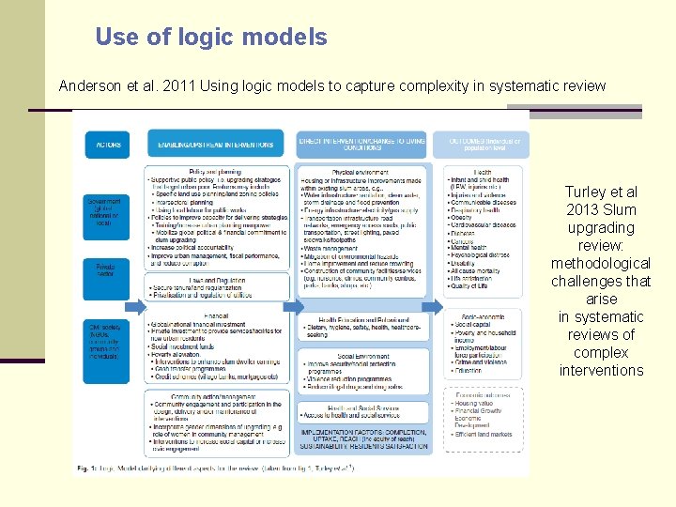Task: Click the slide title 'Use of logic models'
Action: click(x=211, y=38)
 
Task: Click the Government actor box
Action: click(x=104, y=212)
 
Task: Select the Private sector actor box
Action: click(x=104, y=271)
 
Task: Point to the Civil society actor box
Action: click(x=104, y=341)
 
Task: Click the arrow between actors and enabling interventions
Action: click(x=137, y=306)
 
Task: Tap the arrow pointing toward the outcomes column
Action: click(x=432, y=306)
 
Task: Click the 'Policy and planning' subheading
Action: click(x=216, y=171)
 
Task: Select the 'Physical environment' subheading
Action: click(x=361, y=171)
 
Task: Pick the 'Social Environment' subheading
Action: click(x=361, y=357)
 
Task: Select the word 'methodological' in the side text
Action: click(x=600, y=263)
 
